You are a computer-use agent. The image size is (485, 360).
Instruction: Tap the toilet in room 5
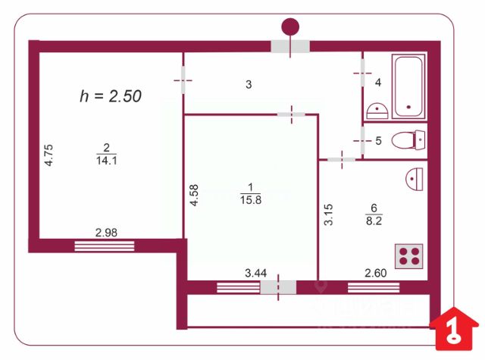(x=407, y=140)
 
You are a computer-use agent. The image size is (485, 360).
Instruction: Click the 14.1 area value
(x=105, y=160)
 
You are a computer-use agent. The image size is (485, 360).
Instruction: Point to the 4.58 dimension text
(x=195, y=196)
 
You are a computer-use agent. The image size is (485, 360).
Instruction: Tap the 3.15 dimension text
(x=328, y=214)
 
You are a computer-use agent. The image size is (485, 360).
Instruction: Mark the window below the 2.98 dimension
(x=105, y=245)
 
